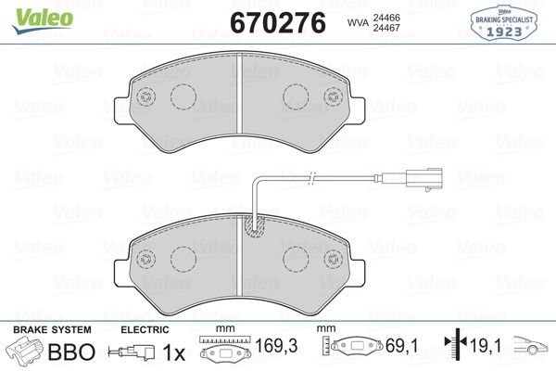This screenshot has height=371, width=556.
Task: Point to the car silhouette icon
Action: coord(533,352)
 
